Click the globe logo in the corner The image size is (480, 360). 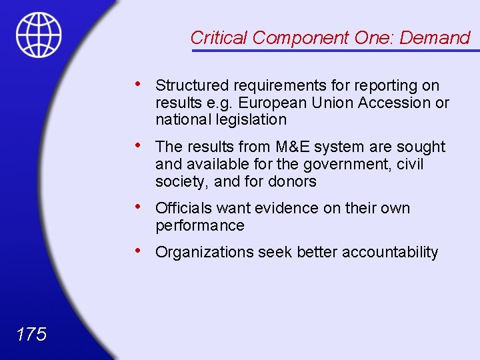point(39,35)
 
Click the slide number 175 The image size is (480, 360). point(31,334)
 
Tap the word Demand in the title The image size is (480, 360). point(435,38)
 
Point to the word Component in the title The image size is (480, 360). point(301,38)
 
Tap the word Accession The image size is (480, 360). point(399,103)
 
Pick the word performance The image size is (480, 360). point(199,225)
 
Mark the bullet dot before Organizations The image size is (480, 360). point(137,251)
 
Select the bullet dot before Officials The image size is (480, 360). point(137,207)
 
